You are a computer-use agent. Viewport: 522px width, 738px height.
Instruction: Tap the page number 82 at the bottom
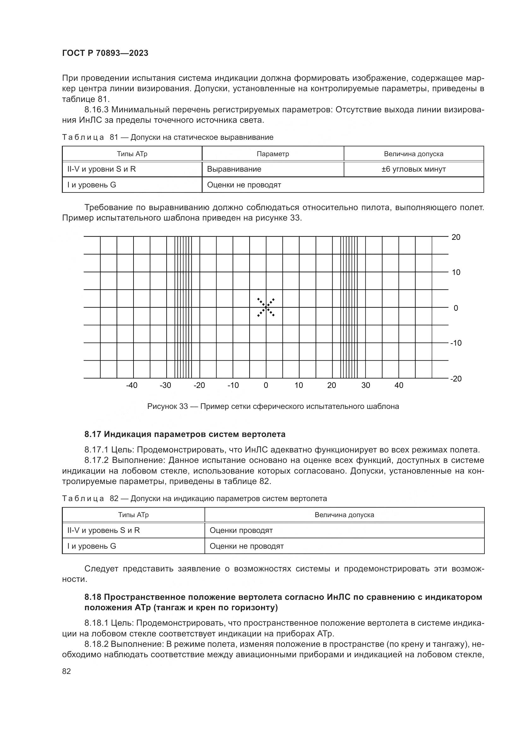tap(67, 671)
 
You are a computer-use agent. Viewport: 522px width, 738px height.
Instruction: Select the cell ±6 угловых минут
tap(413, 169)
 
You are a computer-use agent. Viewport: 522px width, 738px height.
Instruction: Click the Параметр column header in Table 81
tap(273, 154)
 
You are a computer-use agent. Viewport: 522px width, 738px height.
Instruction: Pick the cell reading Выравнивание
tap(234, 169)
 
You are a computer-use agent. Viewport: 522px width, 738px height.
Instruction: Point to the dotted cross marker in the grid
tap(266, 308)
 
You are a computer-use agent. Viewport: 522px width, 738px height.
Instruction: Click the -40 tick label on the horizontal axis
tap(132, 385)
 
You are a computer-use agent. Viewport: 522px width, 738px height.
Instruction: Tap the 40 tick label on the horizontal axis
tap(399, 385)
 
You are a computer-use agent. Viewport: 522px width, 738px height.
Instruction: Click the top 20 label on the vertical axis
tap(456, 237)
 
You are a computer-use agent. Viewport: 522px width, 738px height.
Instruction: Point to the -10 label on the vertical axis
tap(455, 343)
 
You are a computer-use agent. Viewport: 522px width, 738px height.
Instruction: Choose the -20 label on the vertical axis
tap(455, 379)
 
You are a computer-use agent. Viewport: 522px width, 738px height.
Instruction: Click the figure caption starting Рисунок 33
tap(273, 407)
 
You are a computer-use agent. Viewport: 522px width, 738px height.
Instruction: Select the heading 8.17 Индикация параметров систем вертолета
tap(185, 434)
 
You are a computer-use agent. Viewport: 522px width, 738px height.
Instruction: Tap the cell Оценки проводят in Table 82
tap(241, 530)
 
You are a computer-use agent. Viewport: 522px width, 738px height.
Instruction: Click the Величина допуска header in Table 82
tap(344, 515)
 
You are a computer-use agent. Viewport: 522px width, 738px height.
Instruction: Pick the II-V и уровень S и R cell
tap(104, 530)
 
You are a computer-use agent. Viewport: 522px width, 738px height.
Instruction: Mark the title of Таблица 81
tap(168, 138)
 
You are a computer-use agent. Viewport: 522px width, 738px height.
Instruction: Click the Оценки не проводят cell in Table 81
tap(244, 185)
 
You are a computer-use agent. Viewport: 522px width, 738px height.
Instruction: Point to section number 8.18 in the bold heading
tap(93, 597)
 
